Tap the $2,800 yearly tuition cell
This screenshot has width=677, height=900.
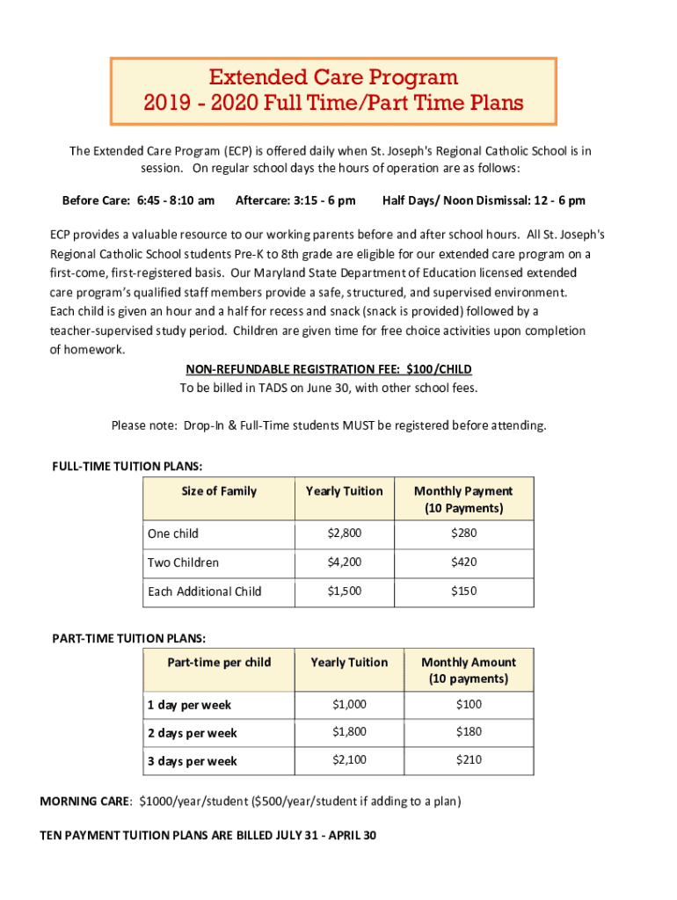[344, 533]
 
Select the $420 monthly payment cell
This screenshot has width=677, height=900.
[463, 562]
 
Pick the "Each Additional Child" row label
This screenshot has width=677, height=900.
[205, 592]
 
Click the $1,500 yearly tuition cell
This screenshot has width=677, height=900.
[344, 591]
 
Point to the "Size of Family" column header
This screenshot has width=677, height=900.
[219, 490]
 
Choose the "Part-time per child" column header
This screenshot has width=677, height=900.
[219, 662]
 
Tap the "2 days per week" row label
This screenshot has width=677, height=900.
[192, 733]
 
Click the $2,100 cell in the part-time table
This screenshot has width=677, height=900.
[349, 759]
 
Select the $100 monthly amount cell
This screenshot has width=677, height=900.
[469, 703]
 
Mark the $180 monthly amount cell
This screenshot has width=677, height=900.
[469, 731]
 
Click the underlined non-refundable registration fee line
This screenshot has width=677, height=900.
[329, 369]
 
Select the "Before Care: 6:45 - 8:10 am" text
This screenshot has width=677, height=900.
[138, 200]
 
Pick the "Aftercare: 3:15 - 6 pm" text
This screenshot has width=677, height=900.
[295, 200]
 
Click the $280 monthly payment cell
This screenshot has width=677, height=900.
[463, 533]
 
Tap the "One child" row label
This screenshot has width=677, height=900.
[173, 533]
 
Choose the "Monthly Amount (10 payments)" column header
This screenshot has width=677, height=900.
[469, 671]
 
